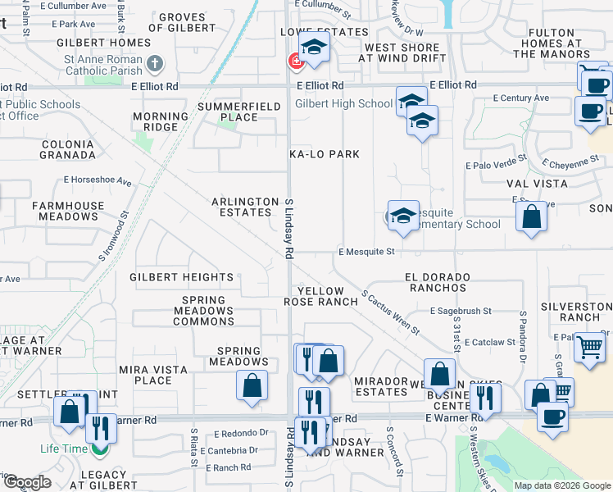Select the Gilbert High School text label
point(343,104)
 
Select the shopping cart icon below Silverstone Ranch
point(589,348)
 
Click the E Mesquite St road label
point(367,252)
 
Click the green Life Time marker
point(100,449)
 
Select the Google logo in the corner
point(28,482)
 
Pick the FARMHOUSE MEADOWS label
point(66,211)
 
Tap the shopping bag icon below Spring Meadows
point(252,385)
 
